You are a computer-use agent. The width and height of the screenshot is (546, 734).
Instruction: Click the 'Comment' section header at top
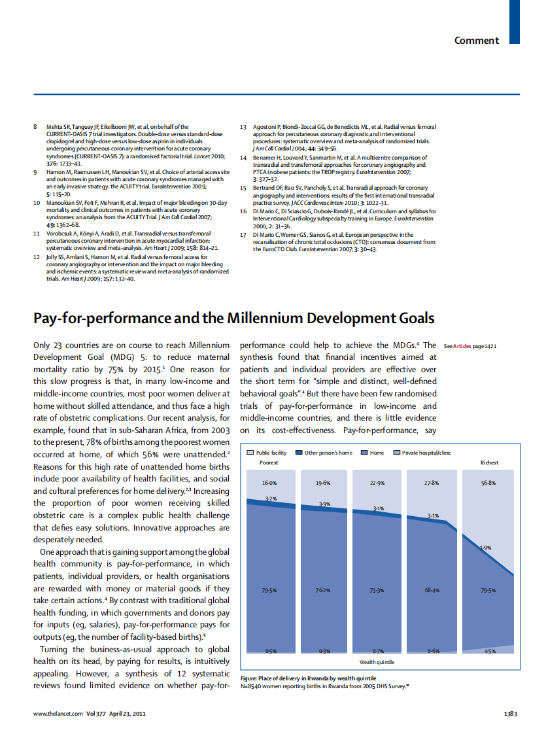[477, 41]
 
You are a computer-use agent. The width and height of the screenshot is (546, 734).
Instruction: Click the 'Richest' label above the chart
[489, 463]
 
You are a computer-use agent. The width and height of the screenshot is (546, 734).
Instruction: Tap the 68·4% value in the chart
[432, 591]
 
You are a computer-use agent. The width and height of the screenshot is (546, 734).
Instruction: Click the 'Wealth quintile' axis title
[377, 662]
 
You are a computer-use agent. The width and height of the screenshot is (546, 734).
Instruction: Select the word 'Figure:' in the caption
[250, 678]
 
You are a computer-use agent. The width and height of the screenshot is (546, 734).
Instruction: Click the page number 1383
[510, 714]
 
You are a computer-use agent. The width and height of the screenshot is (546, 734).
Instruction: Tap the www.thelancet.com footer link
[58, 714]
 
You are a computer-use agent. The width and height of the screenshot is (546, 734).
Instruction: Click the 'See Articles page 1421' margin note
[469, 346]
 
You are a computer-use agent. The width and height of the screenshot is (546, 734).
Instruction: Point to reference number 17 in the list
[243, 235]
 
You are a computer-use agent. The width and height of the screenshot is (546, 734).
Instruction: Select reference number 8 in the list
[35, 127]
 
